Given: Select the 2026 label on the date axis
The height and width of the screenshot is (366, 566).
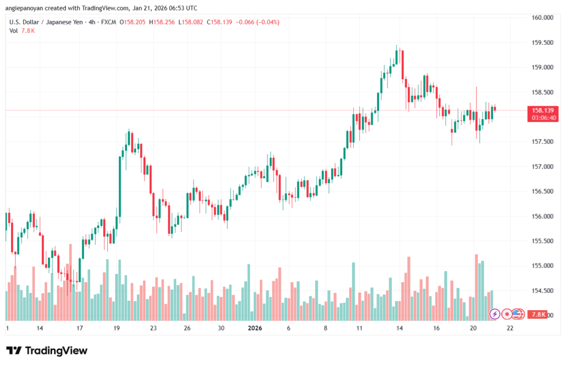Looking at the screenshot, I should pyautogui.click(x=255, y=328).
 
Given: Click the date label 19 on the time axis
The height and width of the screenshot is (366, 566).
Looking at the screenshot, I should pyautogui.click(x=117, y=328).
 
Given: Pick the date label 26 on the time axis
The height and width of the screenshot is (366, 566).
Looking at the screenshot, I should pyautogui.click(x=187, y=328).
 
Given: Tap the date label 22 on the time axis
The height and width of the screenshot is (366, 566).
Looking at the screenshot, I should pyautogui.click(x=510, y=328).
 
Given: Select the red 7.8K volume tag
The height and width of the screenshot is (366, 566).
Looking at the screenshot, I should pyautogui.click(x=538, y=315).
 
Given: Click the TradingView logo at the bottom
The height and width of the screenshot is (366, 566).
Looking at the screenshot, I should pyautogui.click(x=47, y=350).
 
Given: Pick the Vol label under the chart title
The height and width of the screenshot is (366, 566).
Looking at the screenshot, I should pyautogui.click(x=13, y=31).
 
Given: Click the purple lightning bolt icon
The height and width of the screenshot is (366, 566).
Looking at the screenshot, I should pyautogui.click(x=495, y=314).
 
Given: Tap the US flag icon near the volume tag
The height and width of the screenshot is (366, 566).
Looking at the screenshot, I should pyautogui.click(x=518, y=314).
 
